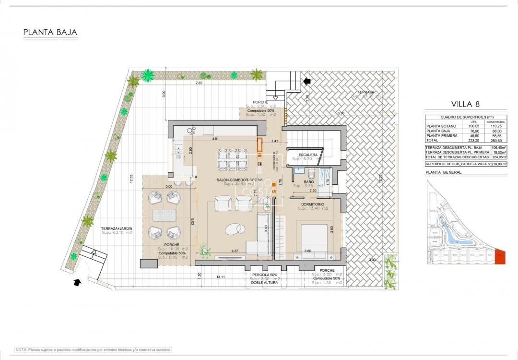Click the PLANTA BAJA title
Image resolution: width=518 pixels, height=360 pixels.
(x=50, y=33)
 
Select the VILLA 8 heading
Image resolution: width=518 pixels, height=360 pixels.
(x=466, y=104)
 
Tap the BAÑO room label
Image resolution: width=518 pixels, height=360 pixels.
(x=309, y=182)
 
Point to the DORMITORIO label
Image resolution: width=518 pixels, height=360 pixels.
(x=313, y=204)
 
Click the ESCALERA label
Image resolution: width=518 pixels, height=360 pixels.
(x=308, y=155)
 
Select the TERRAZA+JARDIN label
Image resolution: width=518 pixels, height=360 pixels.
(x=117, y=228)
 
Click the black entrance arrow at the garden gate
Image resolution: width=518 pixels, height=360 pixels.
(x=77, y=282)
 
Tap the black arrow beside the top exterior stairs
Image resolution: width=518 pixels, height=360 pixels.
(x=306, y=82)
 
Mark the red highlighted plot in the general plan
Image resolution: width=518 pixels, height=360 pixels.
(x=500, y=256)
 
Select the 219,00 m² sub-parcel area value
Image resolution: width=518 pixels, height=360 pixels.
(x=498, y=164)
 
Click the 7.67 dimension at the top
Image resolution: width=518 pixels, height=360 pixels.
(x=199, y=83)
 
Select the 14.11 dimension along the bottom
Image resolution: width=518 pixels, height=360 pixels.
(x=221, y=277)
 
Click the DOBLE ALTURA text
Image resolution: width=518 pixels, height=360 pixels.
(x=264, y=283)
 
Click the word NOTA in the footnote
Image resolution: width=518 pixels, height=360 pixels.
(x=22, y=350)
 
